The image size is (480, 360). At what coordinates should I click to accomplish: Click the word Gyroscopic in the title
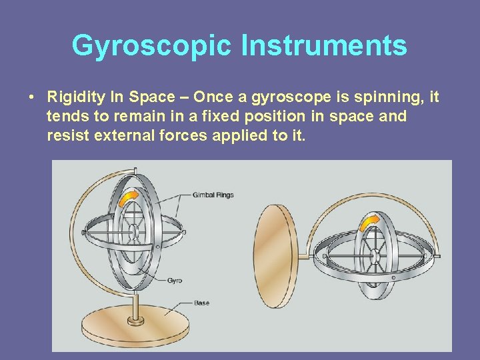coord(152,46)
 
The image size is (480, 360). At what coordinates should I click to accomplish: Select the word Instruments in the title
coord(324,46)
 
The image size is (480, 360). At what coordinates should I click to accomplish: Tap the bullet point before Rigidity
coord(32,98)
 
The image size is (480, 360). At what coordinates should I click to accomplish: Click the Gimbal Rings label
coord(213,195)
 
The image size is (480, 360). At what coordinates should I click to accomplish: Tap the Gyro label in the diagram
coord(175,281)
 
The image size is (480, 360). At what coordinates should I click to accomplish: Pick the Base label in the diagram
coord(201,303)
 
